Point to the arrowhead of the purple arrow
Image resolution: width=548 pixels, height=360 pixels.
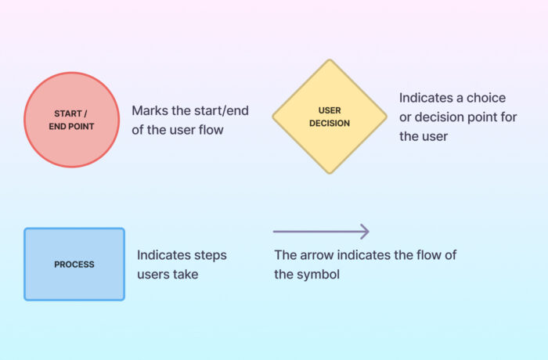[x=364, y=232]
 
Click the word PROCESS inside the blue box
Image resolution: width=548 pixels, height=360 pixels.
[x=74, y=265]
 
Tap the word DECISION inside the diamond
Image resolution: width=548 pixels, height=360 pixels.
[x=330, y=123]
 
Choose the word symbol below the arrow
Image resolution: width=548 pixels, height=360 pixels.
[x=319, y=274]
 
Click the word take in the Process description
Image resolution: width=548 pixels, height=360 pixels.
[x=186, y=274]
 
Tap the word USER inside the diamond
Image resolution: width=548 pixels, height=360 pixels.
[x=330, y=110]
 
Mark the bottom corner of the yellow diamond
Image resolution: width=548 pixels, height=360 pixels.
[x=330, y=173]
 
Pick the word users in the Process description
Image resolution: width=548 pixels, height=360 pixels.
[x=154, y=274]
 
